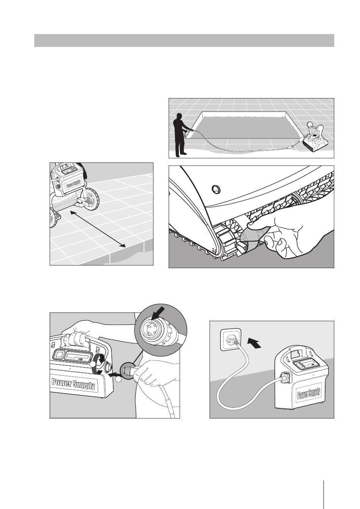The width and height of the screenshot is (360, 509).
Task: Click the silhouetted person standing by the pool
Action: point(179,136)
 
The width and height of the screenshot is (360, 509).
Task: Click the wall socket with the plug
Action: point(230,340)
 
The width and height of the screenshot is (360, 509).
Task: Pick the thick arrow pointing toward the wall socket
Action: point(254,344)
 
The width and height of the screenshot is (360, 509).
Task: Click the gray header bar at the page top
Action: point(184,41)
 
